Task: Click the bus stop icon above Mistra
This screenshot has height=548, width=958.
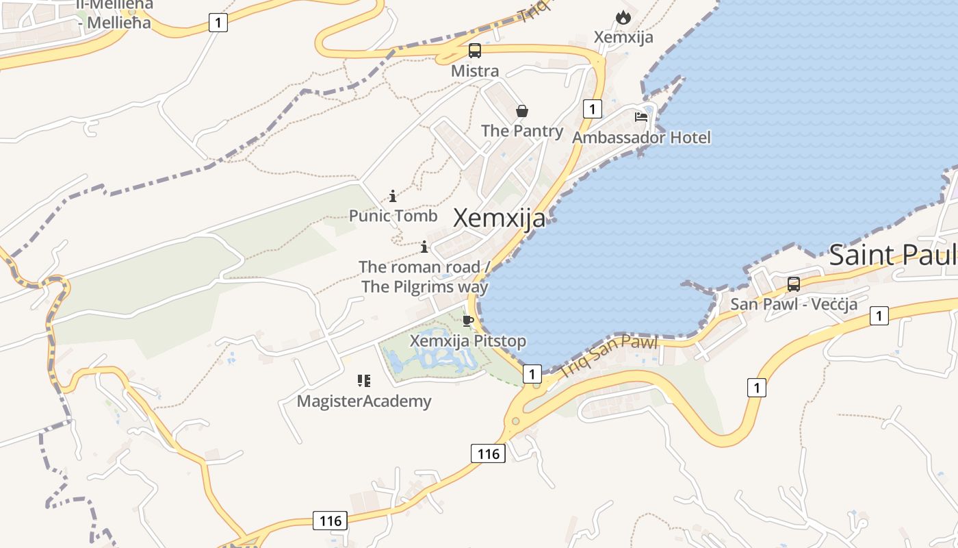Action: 474,51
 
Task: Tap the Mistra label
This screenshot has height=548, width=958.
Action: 475,71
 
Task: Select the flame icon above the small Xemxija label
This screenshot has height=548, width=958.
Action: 623,18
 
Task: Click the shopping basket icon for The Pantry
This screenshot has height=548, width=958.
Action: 522,111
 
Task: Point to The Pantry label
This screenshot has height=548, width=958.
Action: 522,131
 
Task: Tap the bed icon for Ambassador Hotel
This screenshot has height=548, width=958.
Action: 641,117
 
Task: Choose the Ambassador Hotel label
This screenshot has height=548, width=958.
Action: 641,138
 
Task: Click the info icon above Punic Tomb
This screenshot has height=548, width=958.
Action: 393,197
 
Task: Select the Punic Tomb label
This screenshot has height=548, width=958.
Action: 393,216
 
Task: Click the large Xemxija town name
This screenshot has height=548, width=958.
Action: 500,219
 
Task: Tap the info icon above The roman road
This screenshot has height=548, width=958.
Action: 424,247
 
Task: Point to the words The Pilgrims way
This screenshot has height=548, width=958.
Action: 424,286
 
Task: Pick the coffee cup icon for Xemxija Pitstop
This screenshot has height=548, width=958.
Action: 468,321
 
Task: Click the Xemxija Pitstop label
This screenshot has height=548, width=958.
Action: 468,340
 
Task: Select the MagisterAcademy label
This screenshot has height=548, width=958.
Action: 364,401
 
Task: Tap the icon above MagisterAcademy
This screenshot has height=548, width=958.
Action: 364,381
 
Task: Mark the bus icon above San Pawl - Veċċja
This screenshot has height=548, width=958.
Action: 794,284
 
